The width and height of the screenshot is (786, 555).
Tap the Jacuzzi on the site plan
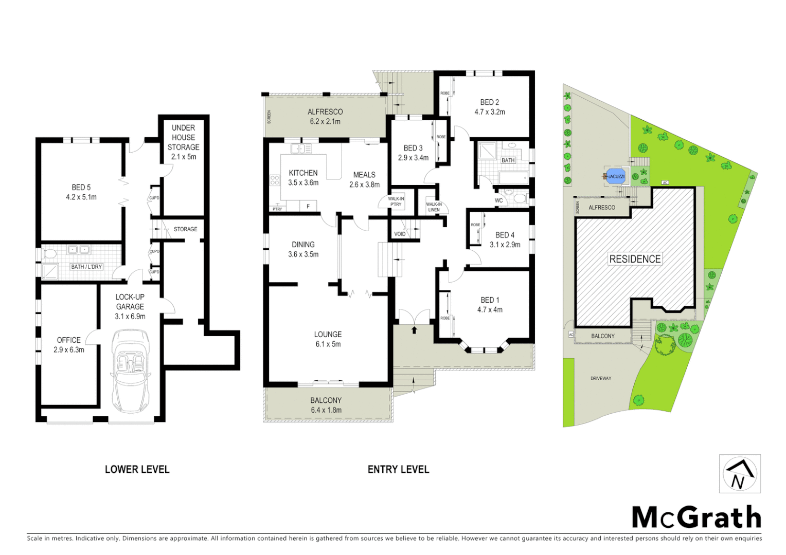[x=616, y=176]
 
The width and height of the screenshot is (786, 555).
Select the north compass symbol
[x=739, y=474]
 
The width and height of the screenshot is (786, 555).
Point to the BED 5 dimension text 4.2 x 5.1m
[x=81, y=197]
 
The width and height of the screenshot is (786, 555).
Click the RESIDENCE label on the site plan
[x=635, y=259]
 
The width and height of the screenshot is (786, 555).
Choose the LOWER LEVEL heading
[x=137, y=469]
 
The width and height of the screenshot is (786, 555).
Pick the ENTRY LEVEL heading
[x=398, y=469]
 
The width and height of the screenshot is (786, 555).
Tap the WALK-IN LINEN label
[x=434, y=207]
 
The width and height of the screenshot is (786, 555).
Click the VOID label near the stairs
[x=400, y=234]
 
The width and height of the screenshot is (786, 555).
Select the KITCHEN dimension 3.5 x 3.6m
[x=303, y=182]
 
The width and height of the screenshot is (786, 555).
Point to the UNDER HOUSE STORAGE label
[x=184, y=137]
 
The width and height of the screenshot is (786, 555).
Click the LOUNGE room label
[x=328, y=334]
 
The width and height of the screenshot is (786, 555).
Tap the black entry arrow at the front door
[x=414, y=329]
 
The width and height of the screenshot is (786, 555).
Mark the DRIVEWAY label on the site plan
[x=601, y=378]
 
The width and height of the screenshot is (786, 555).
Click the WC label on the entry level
[x=498, y=200]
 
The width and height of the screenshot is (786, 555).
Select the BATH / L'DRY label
[x=86, y=267]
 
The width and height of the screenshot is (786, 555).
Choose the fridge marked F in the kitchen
[x=308, y=206]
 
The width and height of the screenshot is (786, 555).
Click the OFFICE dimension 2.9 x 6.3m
[x=69, y=349]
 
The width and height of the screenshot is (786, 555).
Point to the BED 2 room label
[x=489, y=102]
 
